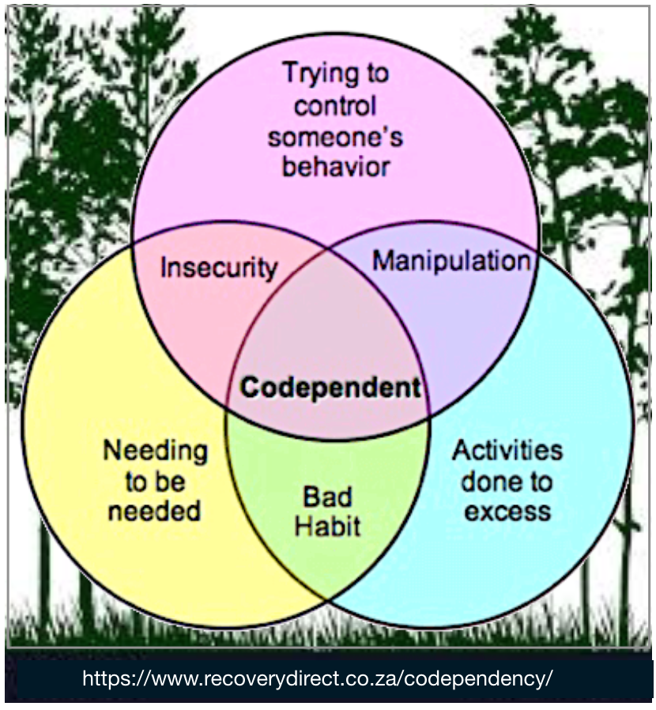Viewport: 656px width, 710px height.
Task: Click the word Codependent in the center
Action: (330, 387)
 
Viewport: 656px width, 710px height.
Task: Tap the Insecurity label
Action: (218, 267)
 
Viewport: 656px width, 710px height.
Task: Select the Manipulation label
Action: (451, 261)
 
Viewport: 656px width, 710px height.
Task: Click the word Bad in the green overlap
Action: (327, 497)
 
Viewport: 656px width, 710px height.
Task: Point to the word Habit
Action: (327, 526)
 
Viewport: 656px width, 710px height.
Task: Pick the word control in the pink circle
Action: (335, 105)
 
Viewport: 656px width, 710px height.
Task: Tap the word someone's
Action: (335, 136)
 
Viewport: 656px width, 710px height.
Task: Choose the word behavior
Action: (336, 167)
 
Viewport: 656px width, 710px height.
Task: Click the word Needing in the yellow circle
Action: (156, 451)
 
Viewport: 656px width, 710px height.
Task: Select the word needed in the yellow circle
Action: (155, 511)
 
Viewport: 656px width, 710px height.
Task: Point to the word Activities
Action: (507, 451)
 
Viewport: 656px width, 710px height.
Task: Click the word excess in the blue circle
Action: (507, 511)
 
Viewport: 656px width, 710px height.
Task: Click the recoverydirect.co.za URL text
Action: (316, 678)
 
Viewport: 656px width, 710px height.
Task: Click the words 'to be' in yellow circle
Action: (155, 482)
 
